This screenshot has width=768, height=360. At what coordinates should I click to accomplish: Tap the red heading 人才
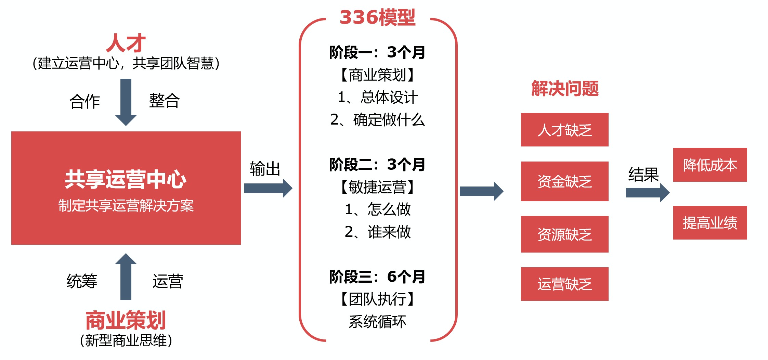(126, 43)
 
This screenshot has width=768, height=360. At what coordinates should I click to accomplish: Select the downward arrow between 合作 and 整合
(126, 102)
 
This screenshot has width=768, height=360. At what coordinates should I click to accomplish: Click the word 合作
(85, 101)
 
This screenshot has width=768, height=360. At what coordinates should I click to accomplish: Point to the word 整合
(164, 101)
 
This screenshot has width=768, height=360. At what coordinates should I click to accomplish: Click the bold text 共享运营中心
(126, 179)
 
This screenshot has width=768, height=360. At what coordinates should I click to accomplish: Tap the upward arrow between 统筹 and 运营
(126, 277)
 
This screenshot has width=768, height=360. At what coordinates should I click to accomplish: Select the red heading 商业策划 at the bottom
(126, 320)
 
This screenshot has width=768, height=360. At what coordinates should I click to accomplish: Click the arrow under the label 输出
(268, 188)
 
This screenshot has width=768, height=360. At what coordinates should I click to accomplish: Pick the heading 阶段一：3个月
(377, 52)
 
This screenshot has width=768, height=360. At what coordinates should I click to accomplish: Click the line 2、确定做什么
(377, 120)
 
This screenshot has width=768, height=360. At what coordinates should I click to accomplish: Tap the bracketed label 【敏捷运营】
(377, 187)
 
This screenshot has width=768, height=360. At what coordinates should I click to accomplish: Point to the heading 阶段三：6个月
(377, 277)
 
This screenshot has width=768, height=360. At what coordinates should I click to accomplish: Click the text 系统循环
(377, 322)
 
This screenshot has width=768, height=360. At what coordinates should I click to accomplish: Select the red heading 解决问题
(565, 89)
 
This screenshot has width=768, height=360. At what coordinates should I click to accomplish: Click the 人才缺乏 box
(564, 130)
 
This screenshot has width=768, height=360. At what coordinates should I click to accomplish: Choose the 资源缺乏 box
(564, 234)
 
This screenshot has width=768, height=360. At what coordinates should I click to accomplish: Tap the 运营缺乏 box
(564, 284)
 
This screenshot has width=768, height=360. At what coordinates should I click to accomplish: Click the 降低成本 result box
(710, 165)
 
